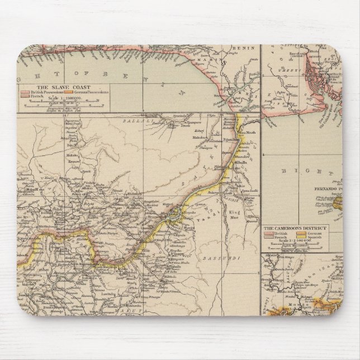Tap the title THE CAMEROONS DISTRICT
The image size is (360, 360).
tap(296, 229)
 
